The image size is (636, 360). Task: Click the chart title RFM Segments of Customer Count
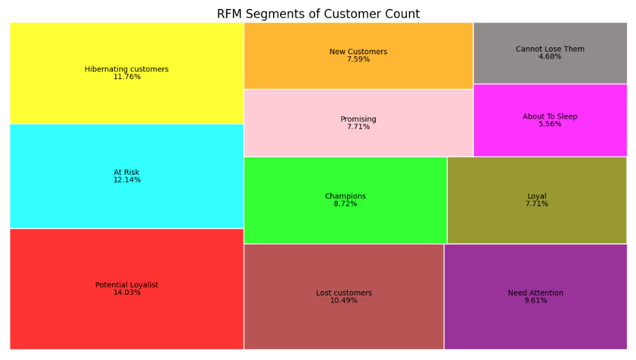(318, 14)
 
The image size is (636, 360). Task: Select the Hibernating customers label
(126, 69)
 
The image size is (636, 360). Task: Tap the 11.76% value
(126, 77)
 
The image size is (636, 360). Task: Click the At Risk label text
(126, 172)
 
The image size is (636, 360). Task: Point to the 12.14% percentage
(126, 180)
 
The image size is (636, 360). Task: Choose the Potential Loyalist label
(126, 285)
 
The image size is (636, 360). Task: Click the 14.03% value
(126, 293)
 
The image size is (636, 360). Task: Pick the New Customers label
(358, 52)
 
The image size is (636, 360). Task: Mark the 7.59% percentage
(358, 59)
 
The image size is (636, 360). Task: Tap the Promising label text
(358, 119)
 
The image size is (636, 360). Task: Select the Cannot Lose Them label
(550, 49)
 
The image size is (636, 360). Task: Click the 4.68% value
(550, 57)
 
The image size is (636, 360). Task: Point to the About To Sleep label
(550, 117)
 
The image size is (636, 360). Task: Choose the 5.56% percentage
(550, 124)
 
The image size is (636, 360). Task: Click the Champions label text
(345, 197)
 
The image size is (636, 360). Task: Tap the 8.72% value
(345, 204)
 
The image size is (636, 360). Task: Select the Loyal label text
(536, 197)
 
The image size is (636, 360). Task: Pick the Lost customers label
(344, 293)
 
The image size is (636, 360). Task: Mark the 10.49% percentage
(344, 301)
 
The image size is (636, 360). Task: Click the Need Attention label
(535, 293)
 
